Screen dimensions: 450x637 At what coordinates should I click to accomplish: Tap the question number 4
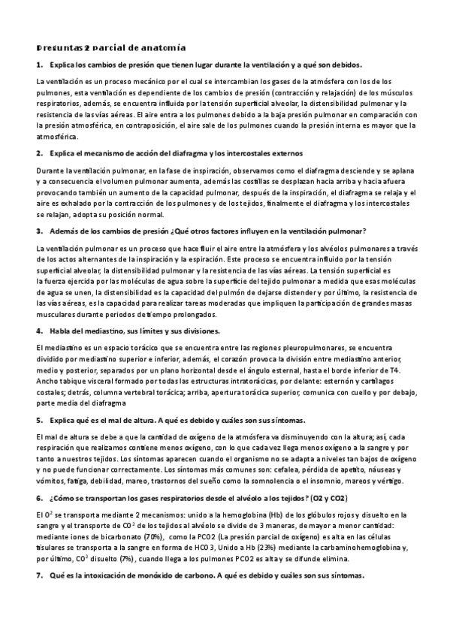(39, 331)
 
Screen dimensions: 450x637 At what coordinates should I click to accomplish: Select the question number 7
(39, 575)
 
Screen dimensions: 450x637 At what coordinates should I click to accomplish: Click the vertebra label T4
(394, 371)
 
